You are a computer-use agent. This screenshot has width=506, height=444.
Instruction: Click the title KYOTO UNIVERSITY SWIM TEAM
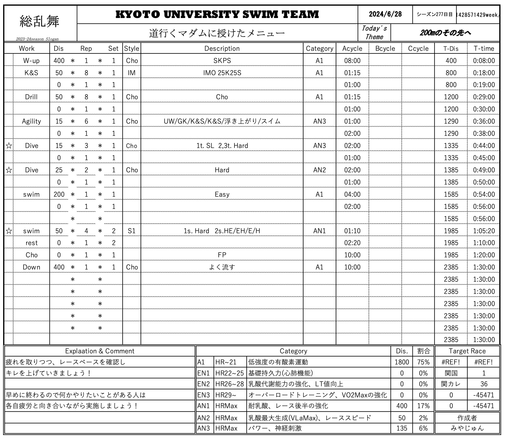(x=217, y=14)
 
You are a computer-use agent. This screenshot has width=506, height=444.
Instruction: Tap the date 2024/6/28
(x=385, y=14)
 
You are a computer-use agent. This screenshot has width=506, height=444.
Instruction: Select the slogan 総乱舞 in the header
(x=39, y=22)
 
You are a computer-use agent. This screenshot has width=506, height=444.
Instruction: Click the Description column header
(x=222, y=49)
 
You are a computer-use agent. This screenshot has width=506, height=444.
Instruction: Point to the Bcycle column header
(x=385, y=49)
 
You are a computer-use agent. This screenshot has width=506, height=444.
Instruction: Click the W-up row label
(x=31, y=61)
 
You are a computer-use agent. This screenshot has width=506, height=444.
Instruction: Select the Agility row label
(x=31, y=122)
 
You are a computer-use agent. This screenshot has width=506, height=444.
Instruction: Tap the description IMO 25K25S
(x=222, y=73)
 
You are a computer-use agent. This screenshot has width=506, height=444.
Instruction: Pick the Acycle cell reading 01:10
(x=352, y=231)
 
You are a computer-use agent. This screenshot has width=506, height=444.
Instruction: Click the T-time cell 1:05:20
(x=484, y=231)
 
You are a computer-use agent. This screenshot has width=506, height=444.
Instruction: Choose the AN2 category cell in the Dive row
(x=319, y=170)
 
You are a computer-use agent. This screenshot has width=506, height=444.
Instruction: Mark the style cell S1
(x=131, y=231)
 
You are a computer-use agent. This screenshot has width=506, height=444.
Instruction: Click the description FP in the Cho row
(x=222, y=255)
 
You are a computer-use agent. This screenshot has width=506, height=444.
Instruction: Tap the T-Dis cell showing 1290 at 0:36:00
(x=451, y=122)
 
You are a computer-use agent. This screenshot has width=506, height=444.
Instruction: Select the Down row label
(x=31, y=267)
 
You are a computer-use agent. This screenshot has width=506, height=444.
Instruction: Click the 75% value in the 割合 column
(x=423, y=362)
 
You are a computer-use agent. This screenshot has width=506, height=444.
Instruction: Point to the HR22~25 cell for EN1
(x=229, y=373)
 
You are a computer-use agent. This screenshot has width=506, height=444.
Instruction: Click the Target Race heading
(x=467, y=351)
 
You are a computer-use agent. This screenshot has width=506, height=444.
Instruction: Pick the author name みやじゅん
(x=467, y=428)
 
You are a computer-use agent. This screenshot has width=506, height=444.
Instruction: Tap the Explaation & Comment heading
(x=100, y=351)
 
